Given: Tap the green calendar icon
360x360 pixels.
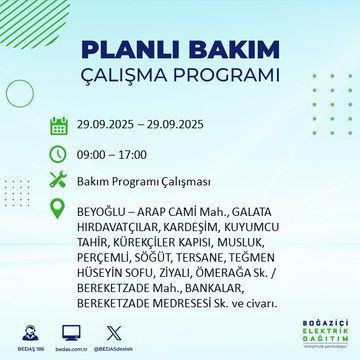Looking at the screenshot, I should click(58, 126).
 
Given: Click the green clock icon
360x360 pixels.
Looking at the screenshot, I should click(58, 154).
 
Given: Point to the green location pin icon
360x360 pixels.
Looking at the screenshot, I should click(58, 211).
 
